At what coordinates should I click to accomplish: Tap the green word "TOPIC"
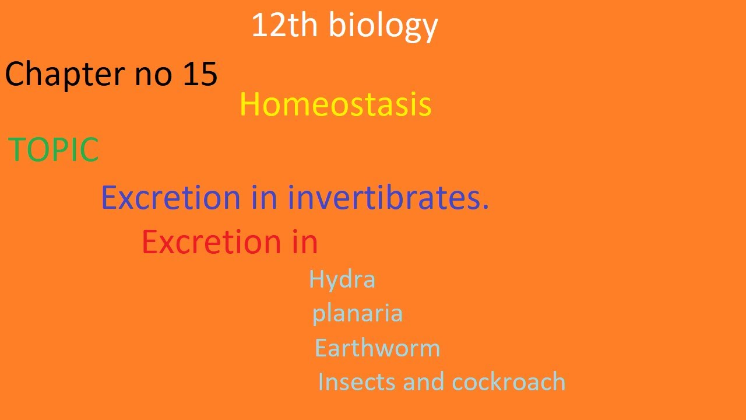click(53, 150)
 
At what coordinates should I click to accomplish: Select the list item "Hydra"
click(342, 279)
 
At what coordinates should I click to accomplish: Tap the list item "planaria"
click(357, 314)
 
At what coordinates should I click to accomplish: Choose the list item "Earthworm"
click(377, 348)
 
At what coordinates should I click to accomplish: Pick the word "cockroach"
click(509, 382)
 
